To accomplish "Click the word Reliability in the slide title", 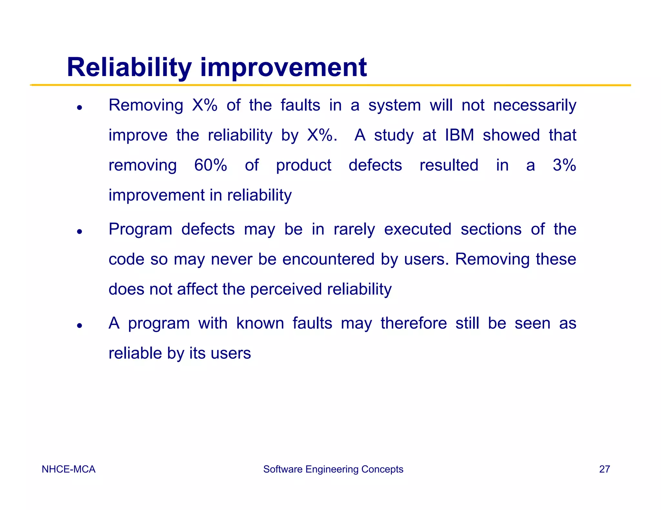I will coord(129,67).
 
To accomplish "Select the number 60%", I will coord(210,165).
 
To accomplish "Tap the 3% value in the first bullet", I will coord(564,165).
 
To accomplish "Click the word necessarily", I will coord(534,105).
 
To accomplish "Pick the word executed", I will coord(418,229).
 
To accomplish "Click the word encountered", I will coord(329,259).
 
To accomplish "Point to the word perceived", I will coord(286,289).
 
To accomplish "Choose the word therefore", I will coord(413,323).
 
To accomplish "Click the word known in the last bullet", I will coord(260,323).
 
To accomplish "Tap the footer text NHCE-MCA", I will coord(68,469).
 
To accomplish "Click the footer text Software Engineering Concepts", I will coord(333,469).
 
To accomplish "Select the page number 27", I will coord(604,469).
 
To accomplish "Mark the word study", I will coord(393,135).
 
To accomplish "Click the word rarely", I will coord(354,230).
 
